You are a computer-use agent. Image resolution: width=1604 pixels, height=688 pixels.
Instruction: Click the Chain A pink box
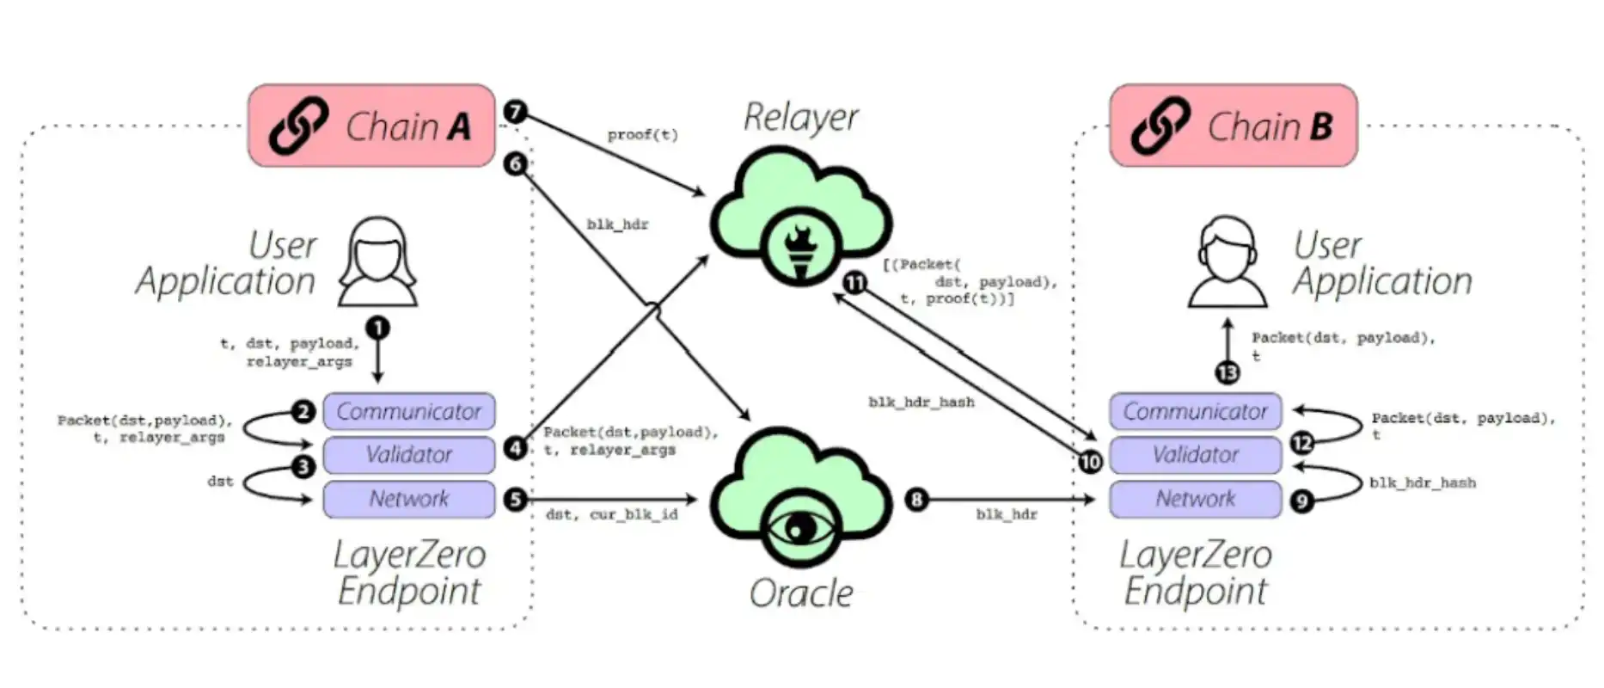pyautogui.click(x=371, y=126)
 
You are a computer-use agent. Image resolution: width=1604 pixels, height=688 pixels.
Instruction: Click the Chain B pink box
pyautogui.click(x=1234, y=126)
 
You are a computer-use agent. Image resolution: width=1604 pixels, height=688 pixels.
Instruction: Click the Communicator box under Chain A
pyautogui.click(x=409, y=411)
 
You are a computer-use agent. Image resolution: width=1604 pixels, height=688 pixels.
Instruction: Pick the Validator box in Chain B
pyautogui.click(x=1195, y=454)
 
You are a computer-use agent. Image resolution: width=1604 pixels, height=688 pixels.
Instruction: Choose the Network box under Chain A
pyautogui.click(x=409, y=499)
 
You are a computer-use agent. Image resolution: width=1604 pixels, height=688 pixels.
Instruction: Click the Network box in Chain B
pyautogui.click(x=1195, y=499)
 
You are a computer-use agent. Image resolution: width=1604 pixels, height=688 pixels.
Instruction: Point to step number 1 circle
pyautogui.click(x=377, y=328)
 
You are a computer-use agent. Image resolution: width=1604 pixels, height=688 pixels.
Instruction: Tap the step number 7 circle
pyautogui.click(x=515, y=112)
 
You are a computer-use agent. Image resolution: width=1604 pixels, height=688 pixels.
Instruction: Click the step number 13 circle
pyautogui.click(x=1227, y=372)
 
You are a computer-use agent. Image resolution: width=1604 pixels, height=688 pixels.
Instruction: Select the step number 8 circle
pyautogui.click(x=916, y=499)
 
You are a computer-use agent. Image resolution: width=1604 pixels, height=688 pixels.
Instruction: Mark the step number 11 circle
pyautogui.click(x=854, y=282)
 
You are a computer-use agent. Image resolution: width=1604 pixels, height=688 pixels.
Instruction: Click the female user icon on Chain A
pyautogui.click(x=377, y=261)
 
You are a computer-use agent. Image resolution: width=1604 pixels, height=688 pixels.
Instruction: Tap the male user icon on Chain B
pyautogui.click(x=1227, y=261)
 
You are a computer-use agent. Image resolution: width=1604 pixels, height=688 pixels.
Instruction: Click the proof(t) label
pyautogui.click(x=642, y=135)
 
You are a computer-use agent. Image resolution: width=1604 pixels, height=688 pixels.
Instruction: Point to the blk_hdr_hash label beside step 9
pyautogui.click(x=1422, y=483)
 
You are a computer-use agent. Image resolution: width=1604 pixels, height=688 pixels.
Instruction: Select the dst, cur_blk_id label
pyautogui.click(x=611, y=514)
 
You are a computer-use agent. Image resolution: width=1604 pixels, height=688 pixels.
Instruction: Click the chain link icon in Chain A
pyautogui.click(x=298, y=126)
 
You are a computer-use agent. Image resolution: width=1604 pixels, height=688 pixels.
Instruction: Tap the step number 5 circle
pyautogui.click(x=515, y=499)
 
